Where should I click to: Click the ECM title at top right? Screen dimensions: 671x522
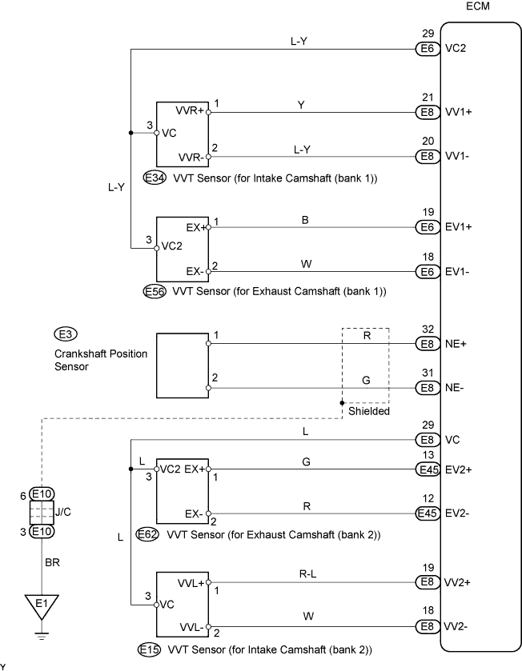(477, 7)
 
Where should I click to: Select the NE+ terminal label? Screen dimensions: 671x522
(456, 344)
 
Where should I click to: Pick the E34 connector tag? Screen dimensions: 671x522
(155, 178)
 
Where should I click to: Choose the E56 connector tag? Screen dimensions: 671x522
(155, 292)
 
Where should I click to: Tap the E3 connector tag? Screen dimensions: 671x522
(64, 333)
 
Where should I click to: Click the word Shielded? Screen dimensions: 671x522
(368, 410)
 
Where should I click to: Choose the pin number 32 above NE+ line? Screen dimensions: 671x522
(428, 329)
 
